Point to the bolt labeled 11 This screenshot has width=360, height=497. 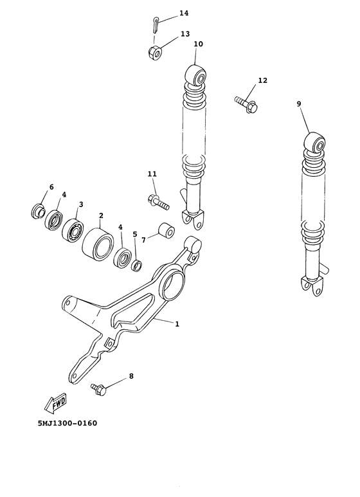[x=157, y=203]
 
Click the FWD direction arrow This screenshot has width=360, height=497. [x=55, y=402]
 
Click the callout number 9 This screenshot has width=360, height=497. [x=299, y=104]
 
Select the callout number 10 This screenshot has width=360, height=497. [x=198, y=44]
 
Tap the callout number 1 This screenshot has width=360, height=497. [x=177, y=324]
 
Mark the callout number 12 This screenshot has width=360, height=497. [x=262, y=80]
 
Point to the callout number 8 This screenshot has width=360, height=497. [x=131, y=376]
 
